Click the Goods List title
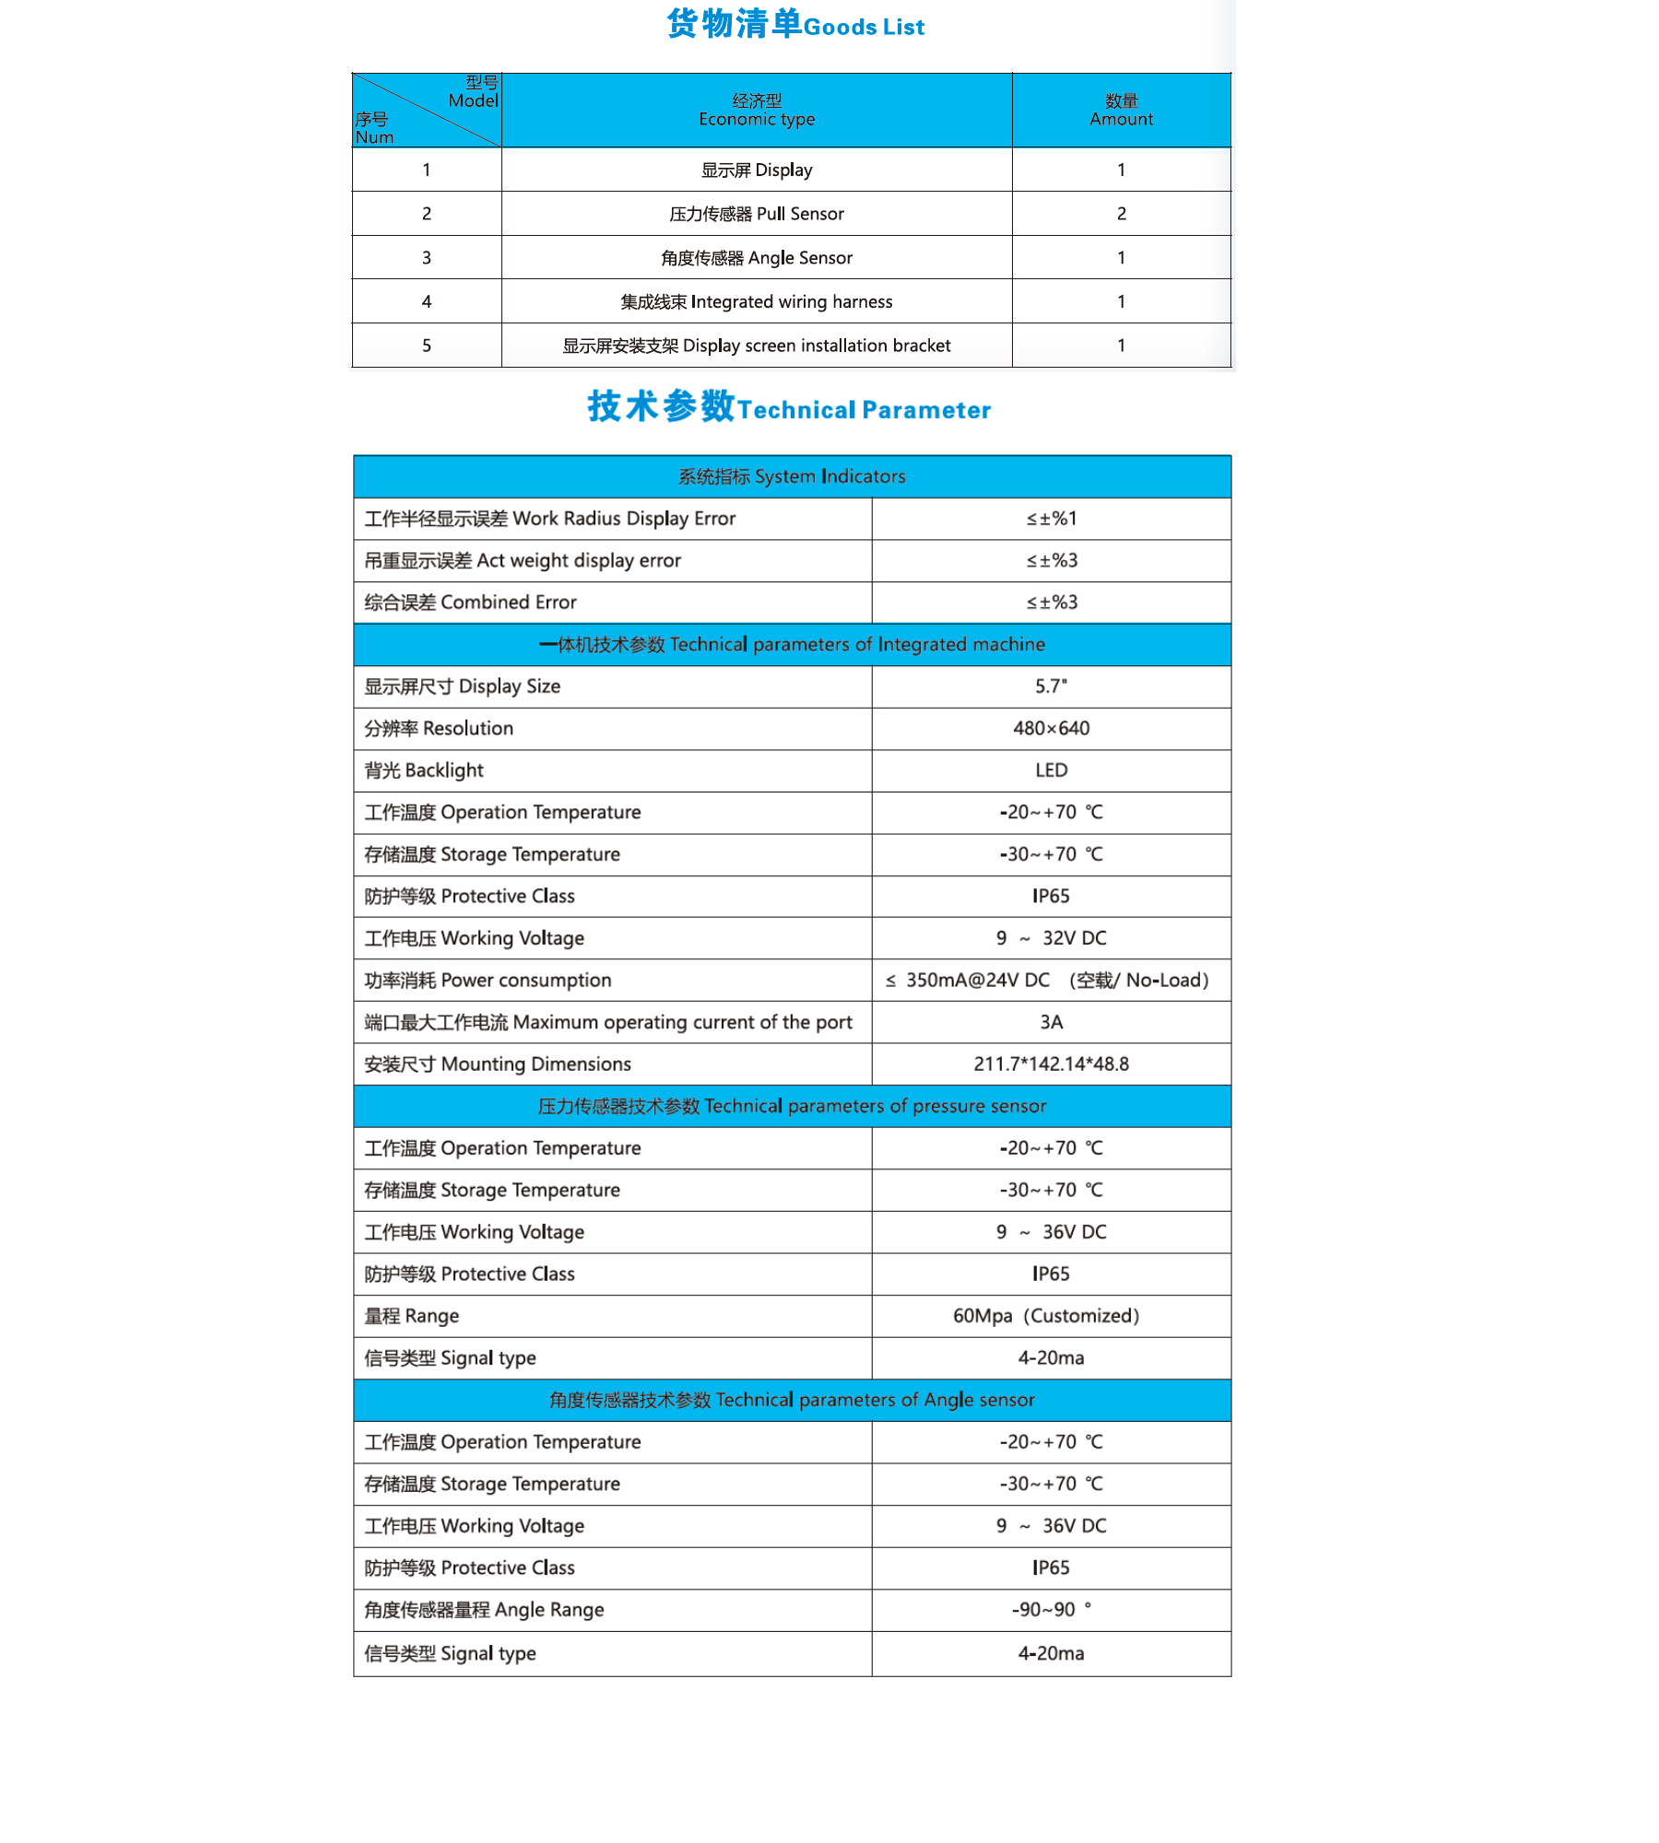point(794,25)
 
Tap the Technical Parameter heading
point(789,408)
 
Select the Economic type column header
point(757,111)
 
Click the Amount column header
point(1121,111)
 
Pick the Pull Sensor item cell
point(757,214)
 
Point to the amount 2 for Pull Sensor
point(1121,214)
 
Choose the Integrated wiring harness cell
point(757,302)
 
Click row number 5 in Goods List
point(427,346)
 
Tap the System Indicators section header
point(792,476)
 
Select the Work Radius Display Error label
point(550,519)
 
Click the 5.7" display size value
point(1051,687)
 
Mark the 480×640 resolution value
point(1051,729)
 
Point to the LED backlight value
point(1051,770)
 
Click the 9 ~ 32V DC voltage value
point(1051,938)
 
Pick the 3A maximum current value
point(1051,1022)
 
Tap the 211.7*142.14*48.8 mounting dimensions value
point(1051,1064)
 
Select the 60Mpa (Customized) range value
point(1046,1316)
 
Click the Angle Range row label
point(485,1610)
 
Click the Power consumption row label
point(488,980)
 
